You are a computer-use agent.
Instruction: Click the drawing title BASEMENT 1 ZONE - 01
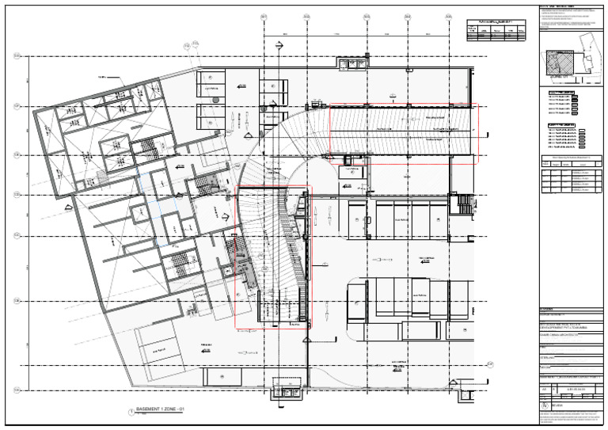(x=161, y=409)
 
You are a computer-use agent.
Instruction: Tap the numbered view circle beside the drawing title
(x=131, y=411)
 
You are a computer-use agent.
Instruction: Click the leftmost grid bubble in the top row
(x=264, y=17)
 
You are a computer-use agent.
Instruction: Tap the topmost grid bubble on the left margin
(x=17, y=55)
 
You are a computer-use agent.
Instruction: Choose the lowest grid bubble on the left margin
(x=17, y=390)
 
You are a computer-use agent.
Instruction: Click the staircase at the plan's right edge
(x=463, y=206)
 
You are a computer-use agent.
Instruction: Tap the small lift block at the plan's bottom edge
(x=283, y=388)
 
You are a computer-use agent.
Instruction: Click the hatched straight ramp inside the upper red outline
(x=404, y=131)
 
